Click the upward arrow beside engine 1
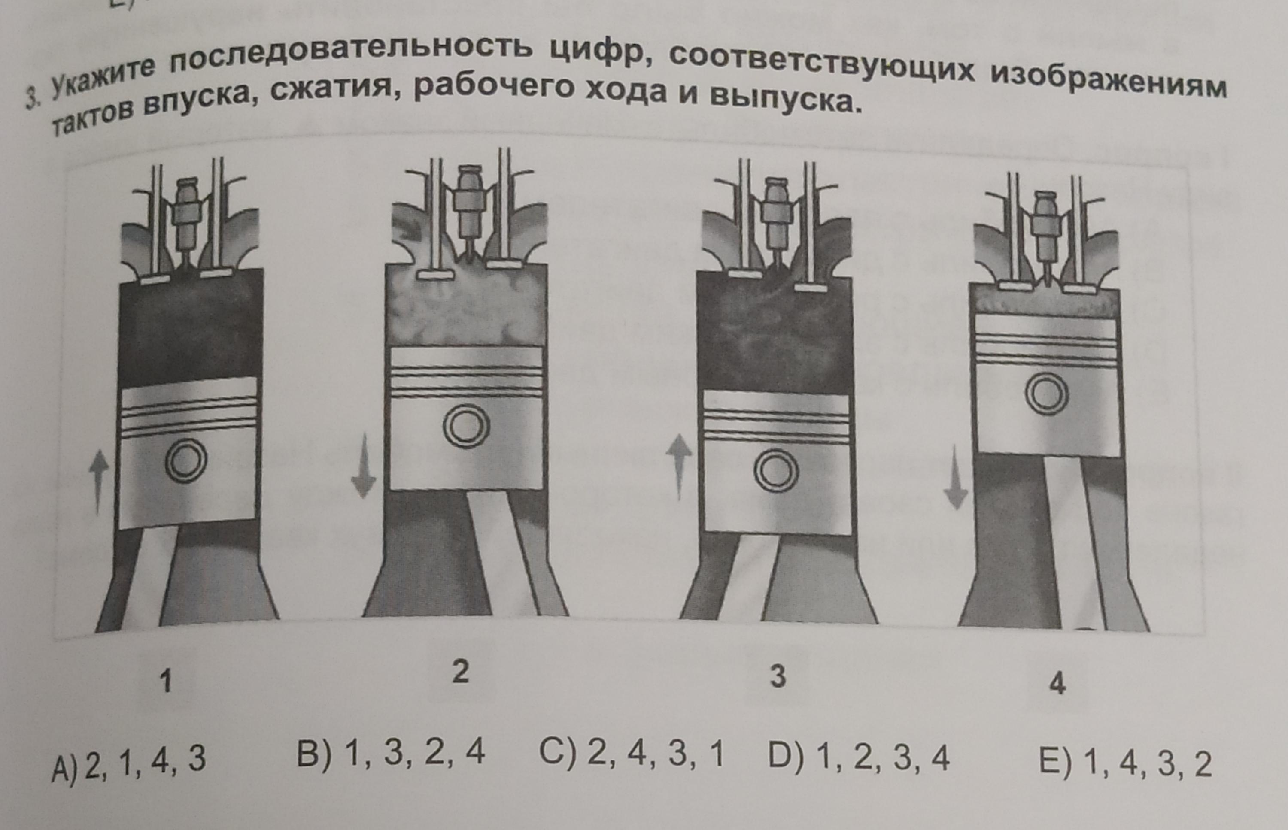(97, 483)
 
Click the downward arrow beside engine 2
(363, 466)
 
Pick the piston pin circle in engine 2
(466, 426)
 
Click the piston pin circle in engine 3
(776, 472)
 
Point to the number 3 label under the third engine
(778, 676)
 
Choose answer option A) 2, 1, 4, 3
(128, 760)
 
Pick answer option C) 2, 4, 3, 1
(631, 754)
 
